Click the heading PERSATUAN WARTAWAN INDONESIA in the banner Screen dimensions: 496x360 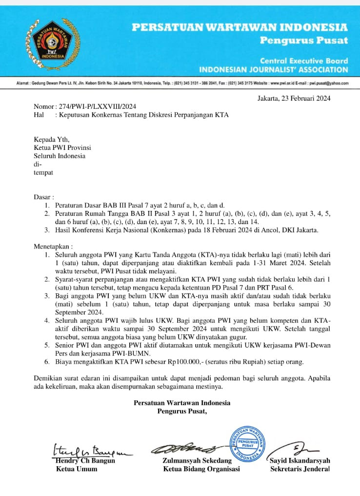(x=240, y=27)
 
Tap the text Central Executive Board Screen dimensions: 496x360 (x=304, y=61)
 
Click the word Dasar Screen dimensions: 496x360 (x=42, y=197)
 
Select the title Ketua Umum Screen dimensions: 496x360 (x=77, y=469)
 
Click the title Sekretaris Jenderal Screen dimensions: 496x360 (x=300, y=469)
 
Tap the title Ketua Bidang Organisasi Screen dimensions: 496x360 (x=201, y=469)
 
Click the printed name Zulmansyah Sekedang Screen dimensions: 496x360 (x=197, y=460)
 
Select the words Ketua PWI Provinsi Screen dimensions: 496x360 (x=62, y=147)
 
